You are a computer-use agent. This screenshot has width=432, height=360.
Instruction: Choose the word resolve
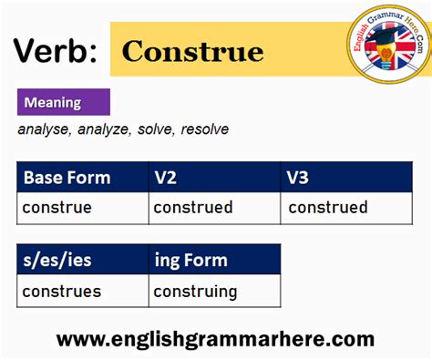[205, 129]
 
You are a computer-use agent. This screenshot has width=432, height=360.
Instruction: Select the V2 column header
[165, 177]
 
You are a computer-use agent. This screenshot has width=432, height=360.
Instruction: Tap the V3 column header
[299, 177]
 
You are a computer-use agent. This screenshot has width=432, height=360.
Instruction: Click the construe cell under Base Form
[57, 208]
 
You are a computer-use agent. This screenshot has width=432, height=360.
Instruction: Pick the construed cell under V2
[192, 208]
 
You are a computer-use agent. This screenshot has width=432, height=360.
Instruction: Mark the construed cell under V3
[327, 208]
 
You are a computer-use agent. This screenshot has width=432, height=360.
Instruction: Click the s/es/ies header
[57, 260]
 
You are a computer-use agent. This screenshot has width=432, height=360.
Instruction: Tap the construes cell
[61, 292]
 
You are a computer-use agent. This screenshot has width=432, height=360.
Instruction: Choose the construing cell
[195, 292]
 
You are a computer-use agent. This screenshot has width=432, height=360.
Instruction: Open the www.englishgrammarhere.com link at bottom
[215, 339]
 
